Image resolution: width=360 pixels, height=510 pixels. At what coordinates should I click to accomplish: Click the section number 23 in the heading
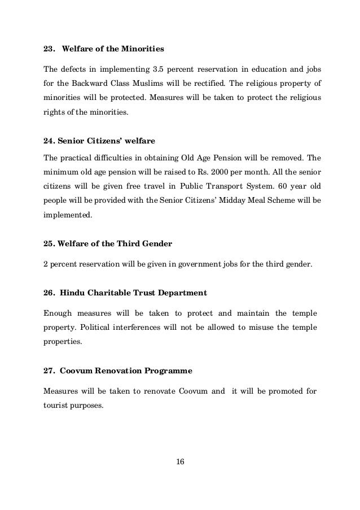[48, 47]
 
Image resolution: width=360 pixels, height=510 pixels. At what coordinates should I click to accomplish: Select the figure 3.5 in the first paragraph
[159, 70]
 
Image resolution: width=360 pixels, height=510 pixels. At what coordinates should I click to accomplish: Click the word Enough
[58, 313]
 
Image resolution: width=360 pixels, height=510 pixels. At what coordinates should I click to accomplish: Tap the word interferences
[143, 328]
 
